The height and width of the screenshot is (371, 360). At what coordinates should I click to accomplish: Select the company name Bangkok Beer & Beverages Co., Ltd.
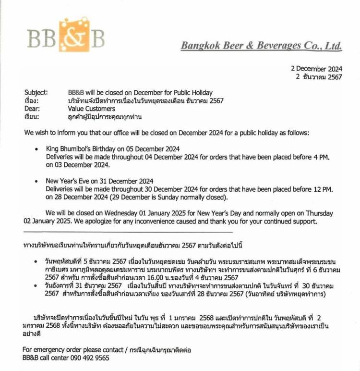click(x=261, y=46)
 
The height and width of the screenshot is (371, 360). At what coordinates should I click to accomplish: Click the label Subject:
click(x=36, y=92)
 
